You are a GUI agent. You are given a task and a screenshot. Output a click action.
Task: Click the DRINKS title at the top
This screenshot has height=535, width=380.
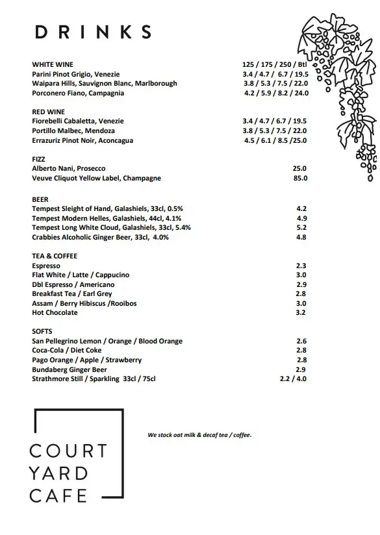94,32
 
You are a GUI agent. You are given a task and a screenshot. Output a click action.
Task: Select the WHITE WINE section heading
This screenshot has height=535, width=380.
53,65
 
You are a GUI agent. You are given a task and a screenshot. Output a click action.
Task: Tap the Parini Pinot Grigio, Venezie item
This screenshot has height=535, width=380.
76,74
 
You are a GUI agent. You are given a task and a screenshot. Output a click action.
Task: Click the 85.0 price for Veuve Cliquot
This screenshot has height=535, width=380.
299,178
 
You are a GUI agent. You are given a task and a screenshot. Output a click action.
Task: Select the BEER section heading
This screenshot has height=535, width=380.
40,199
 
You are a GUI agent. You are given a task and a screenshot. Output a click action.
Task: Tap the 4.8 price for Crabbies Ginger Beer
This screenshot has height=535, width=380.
301,237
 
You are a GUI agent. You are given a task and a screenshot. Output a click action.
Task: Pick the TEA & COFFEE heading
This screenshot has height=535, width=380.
55,256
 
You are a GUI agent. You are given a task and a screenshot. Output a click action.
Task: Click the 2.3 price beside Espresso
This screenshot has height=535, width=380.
301,266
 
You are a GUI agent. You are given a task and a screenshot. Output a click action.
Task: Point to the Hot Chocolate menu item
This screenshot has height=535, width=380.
55,312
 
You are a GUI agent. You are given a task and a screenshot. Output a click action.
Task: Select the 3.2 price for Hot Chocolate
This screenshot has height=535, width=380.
301,312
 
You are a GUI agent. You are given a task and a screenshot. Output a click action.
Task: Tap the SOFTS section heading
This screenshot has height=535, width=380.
42,331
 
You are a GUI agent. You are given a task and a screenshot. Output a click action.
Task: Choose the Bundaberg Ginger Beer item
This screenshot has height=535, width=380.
69,369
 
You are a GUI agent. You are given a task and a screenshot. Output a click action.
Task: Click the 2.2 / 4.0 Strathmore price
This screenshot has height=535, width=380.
293,379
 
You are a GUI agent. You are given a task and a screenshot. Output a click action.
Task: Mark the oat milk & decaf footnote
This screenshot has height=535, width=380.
199,434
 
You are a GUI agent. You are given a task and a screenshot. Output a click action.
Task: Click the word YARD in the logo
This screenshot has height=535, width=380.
58,473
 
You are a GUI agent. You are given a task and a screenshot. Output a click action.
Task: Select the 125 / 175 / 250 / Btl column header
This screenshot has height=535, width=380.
273,65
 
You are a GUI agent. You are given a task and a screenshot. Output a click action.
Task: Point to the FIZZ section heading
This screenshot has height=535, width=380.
38,159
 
